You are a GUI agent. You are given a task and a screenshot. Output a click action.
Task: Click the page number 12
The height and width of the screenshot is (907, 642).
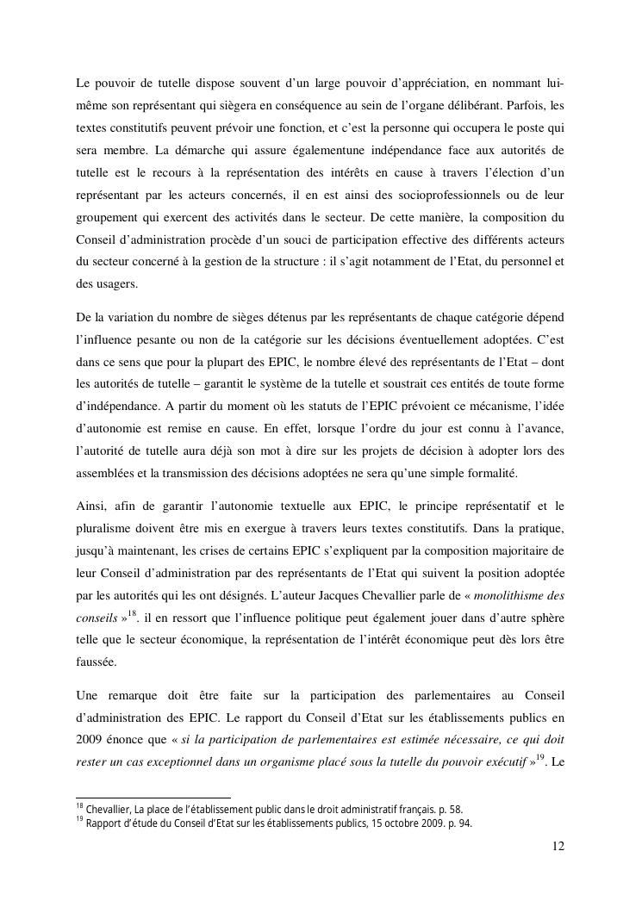tap(558, 847)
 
